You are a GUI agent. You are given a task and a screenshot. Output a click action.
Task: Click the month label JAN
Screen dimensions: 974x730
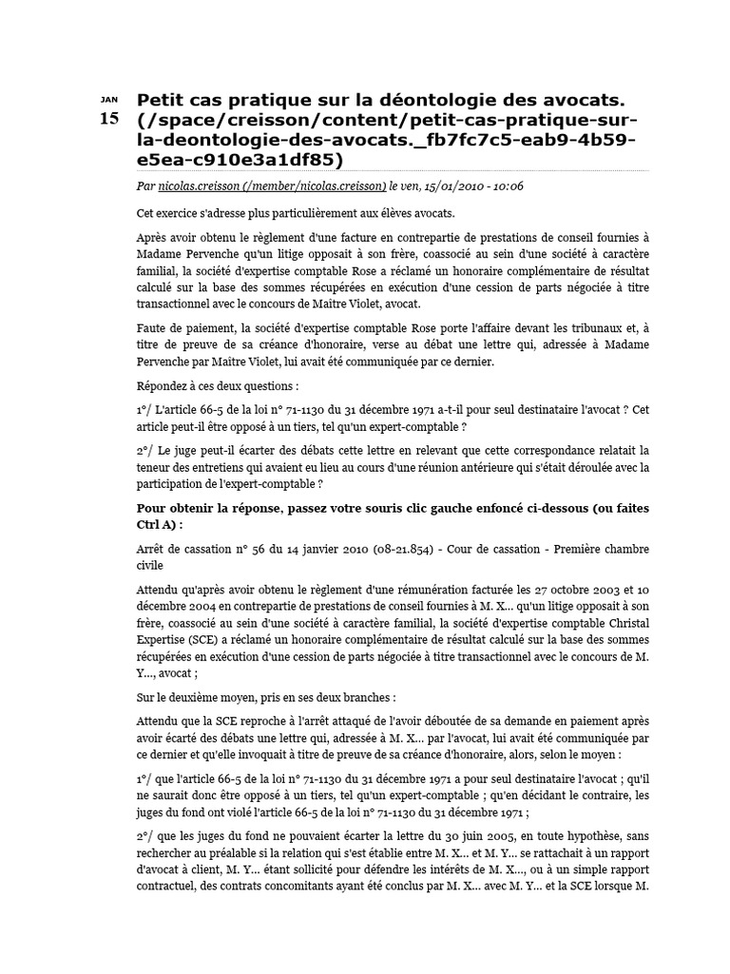pyautogui.click(x=109, y=99)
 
